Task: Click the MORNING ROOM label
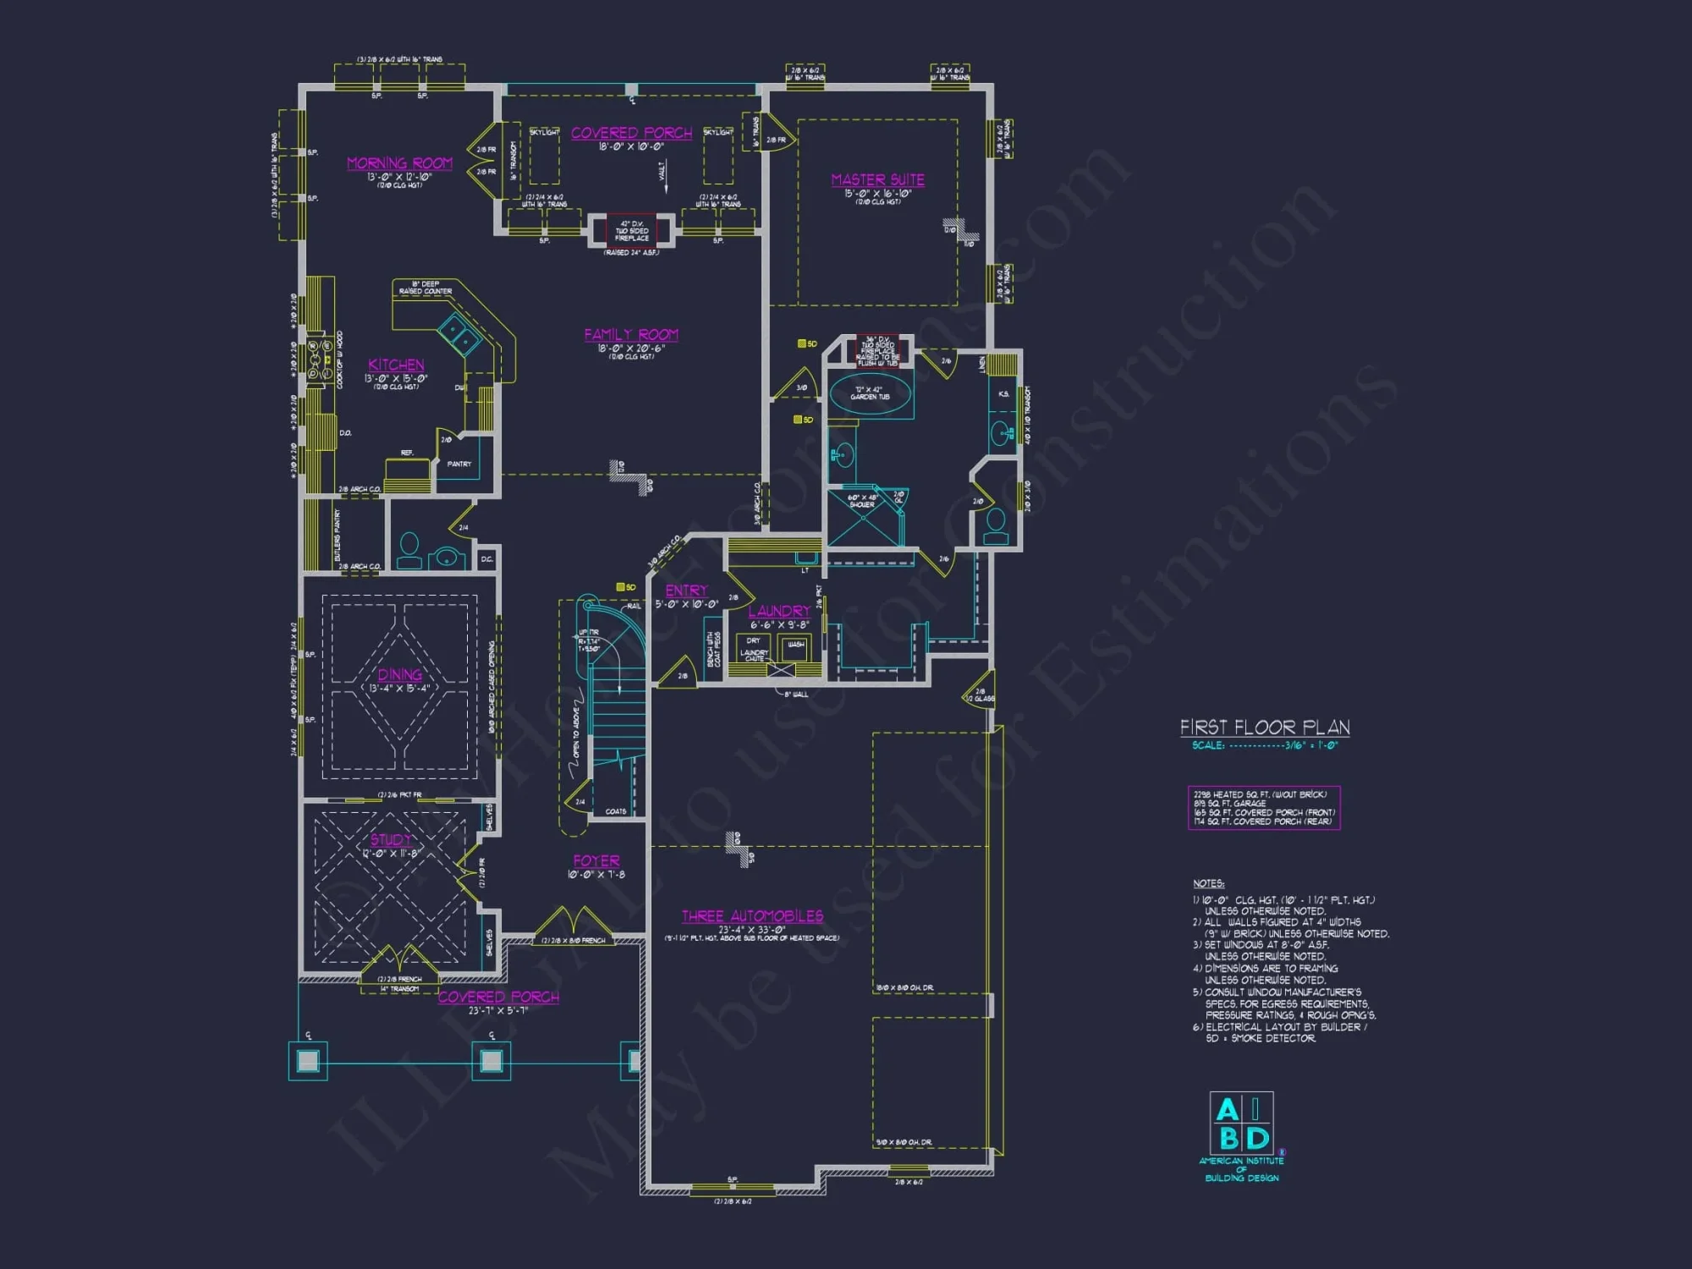399,163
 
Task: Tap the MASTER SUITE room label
877,180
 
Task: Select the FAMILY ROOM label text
631,335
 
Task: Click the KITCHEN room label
396,365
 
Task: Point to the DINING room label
399,674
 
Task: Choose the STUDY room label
391,840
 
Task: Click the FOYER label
596,861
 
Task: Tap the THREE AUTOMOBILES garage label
752,916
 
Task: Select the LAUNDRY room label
779,611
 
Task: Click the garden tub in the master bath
871,394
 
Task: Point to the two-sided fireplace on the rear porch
632,230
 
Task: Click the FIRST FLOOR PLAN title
1265,728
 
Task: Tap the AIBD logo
1241,1125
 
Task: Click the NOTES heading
1209,883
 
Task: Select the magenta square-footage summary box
1264,808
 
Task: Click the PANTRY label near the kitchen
459,464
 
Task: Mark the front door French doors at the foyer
574,922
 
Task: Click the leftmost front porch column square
308,1061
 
